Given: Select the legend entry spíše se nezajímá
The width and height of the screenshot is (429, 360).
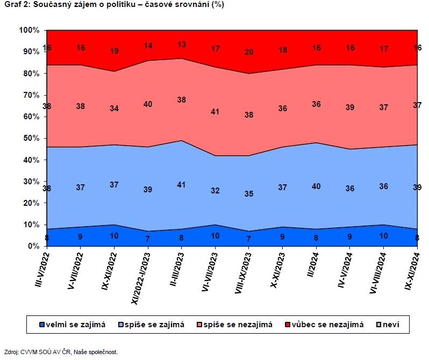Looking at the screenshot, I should click(237, 324).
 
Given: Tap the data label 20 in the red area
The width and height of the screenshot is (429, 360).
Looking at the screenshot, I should click(249, 52).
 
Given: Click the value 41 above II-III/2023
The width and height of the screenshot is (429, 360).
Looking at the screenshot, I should click(182, 184).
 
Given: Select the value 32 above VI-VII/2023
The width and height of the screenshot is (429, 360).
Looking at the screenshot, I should click(216, 190).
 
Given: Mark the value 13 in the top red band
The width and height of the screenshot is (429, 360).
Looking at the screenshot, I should click(182, 45).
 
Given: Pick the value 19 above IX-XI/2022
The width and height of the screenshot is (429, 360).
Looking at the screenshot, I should click(114, 51).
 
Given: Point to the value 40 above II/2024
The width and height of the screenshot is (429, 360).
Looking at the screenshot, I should click(317, 186).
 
